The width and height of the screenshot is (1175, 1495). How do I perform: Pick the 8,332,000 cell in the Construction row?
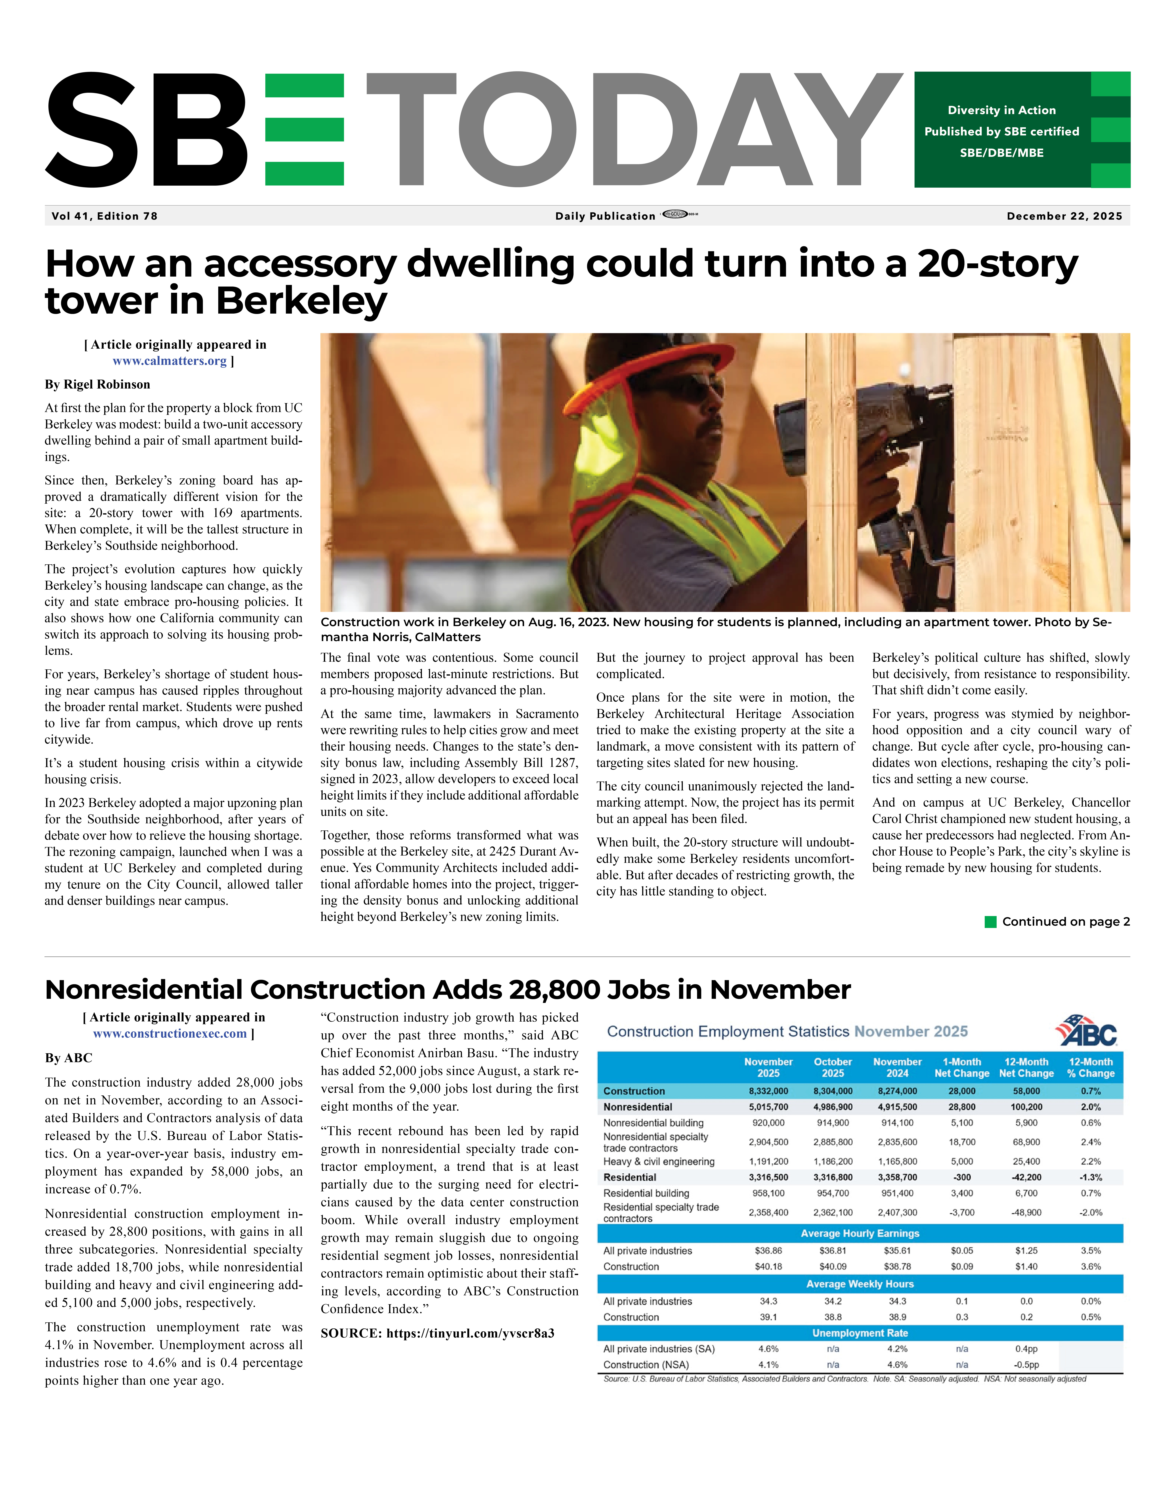click(768, 1091)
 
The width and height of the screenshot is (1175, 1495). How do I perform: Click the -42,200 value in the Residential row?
click(1026, 1177)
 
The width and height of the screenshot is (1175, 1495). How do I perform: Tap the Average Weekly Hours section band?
click(860, 1284)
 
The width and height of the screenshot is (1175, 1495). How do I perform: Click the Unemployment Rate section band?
click(860, 1333)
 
